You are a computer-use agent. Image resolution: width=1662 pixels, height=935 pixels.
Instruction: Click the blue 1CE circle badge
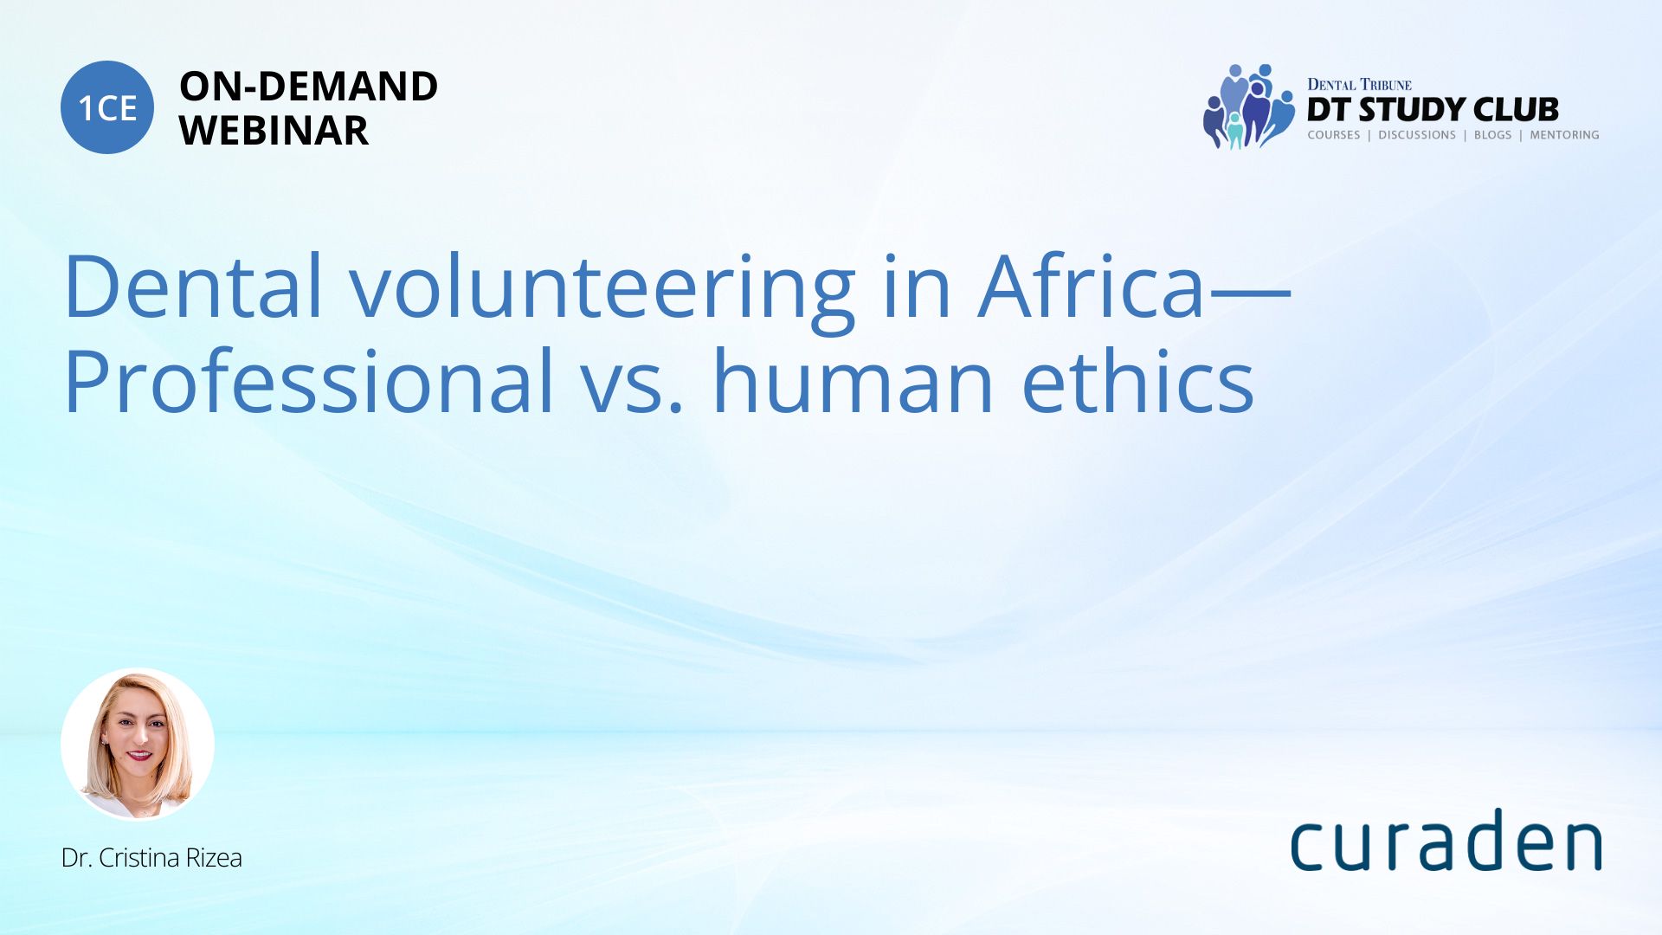click(x=107, y=107)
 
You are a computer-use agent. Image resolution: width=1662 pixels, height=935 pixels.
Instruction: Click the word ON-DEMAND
click(x=308, y=87)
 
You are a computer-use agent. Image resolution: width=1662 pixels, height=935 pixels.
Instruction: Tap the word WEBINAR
click(x=274, y=131)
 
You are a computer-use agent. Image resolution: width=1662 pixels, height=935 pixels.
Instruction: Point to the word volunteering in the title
click(x=602, y=293)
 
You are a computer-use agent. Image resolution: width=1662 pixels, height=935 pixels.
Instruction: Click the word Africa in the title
click(x=1091, y=285)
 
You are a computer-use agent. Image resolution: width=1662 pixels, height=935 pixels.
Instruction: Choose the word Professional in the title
click(x=309, y=381)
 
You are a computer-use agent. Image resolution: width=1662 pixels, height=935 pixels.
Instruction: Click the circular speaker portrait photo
click(x=138, y=744)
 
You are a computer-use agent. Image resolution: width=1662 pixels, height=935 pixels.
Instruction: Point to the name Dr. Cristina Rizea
click(x=151, y=858)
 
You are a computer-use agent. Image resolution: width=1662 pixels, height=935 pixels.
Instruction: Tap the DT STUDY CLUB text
click(x=1433, y=110)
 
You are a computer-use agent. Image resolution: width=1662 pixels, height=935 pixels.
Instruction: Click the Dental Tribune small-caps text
click(x=1359, y=84)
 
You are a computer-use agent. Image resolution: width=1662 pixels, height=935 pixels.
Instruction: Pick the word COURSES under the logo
click(x=1334, y=135)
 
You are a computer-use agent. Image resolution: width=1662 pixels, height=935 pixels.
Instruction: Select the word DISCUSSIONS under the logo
click(x=1417, y=135)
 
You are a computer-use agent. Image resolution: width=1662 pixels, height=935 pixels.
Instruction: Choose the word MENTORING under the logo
click(x=1564, y=135)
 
